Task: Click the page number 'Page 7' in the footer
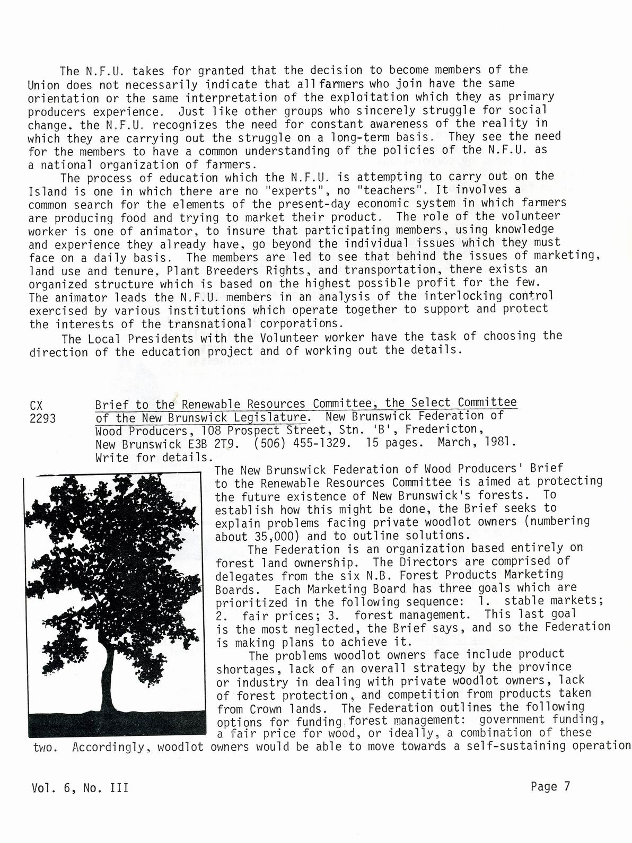click(550, 786)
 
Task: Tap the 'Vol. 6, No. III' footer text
click(80, 788)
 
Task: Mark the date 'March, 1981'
click(476, 442)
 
